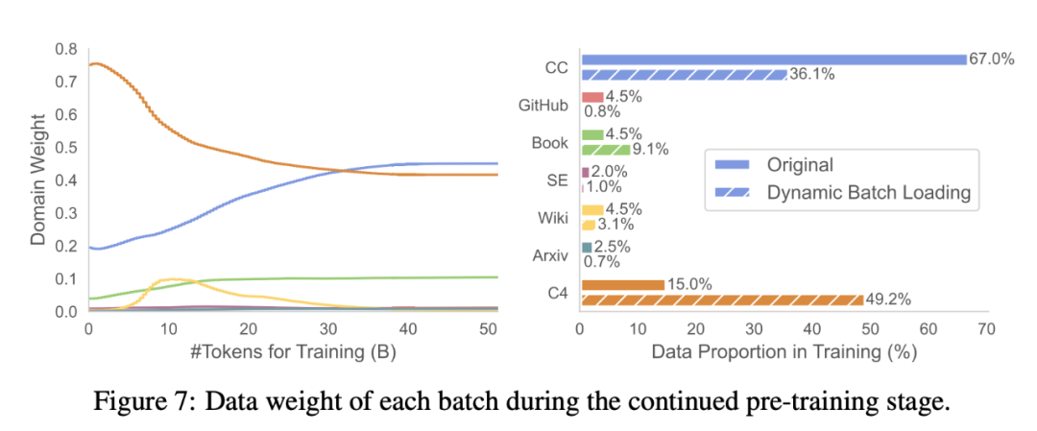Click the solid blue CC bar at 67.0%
point(773,60)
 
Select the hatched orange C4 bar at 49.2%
point(722,299)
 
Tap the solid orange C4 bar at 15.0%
point(622,284)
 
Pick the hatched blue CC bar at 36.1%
point(684,74)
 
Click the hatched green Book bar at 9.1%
point(606,149)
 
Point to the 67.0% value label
point(991,60)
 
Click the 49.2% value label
point(888,299)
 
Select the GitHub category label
point(543,106)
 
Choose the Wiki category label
point(553,217)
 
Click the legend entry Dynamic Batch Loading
point(869,193)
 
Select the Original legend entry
point(800,165)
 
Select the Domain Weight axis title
point(37,180)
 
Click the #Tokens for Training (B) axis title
point(249,352)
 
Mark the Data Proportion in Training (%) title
point(784,352)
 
